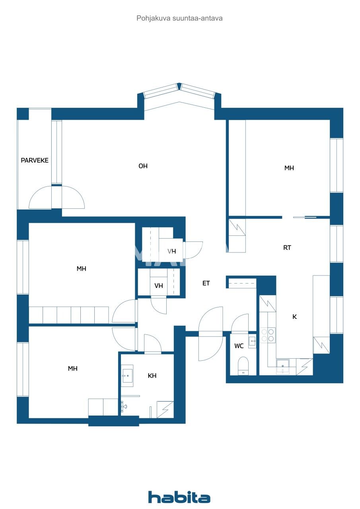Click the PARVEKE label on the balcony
tap(35, 161)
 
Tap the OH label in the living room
tap(143, 166)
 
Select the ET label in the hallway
tap(206, 284)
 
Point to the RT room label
tap(287, 248)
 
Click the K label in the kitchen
tap(295, 317)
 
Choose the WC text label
tap(239, 346)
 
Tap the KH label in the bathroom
tap(152, 376)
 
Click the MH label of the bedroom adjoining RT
tap(289, 168)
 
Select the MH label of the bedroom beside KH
tap(72, 369)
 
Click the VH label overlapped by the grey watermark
tap(172, 251)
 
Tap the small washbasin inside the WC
tap(252, 341)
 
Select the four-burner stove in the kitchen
tap(267, 335)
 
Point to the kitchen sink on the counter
tap(283, 364)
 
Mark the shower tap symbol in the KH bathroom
tap(124, 406)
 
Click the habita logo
tap(179, 497)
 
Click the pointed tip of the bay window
tap(179, 86)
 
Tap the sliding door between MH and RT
tap(305, 217)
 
